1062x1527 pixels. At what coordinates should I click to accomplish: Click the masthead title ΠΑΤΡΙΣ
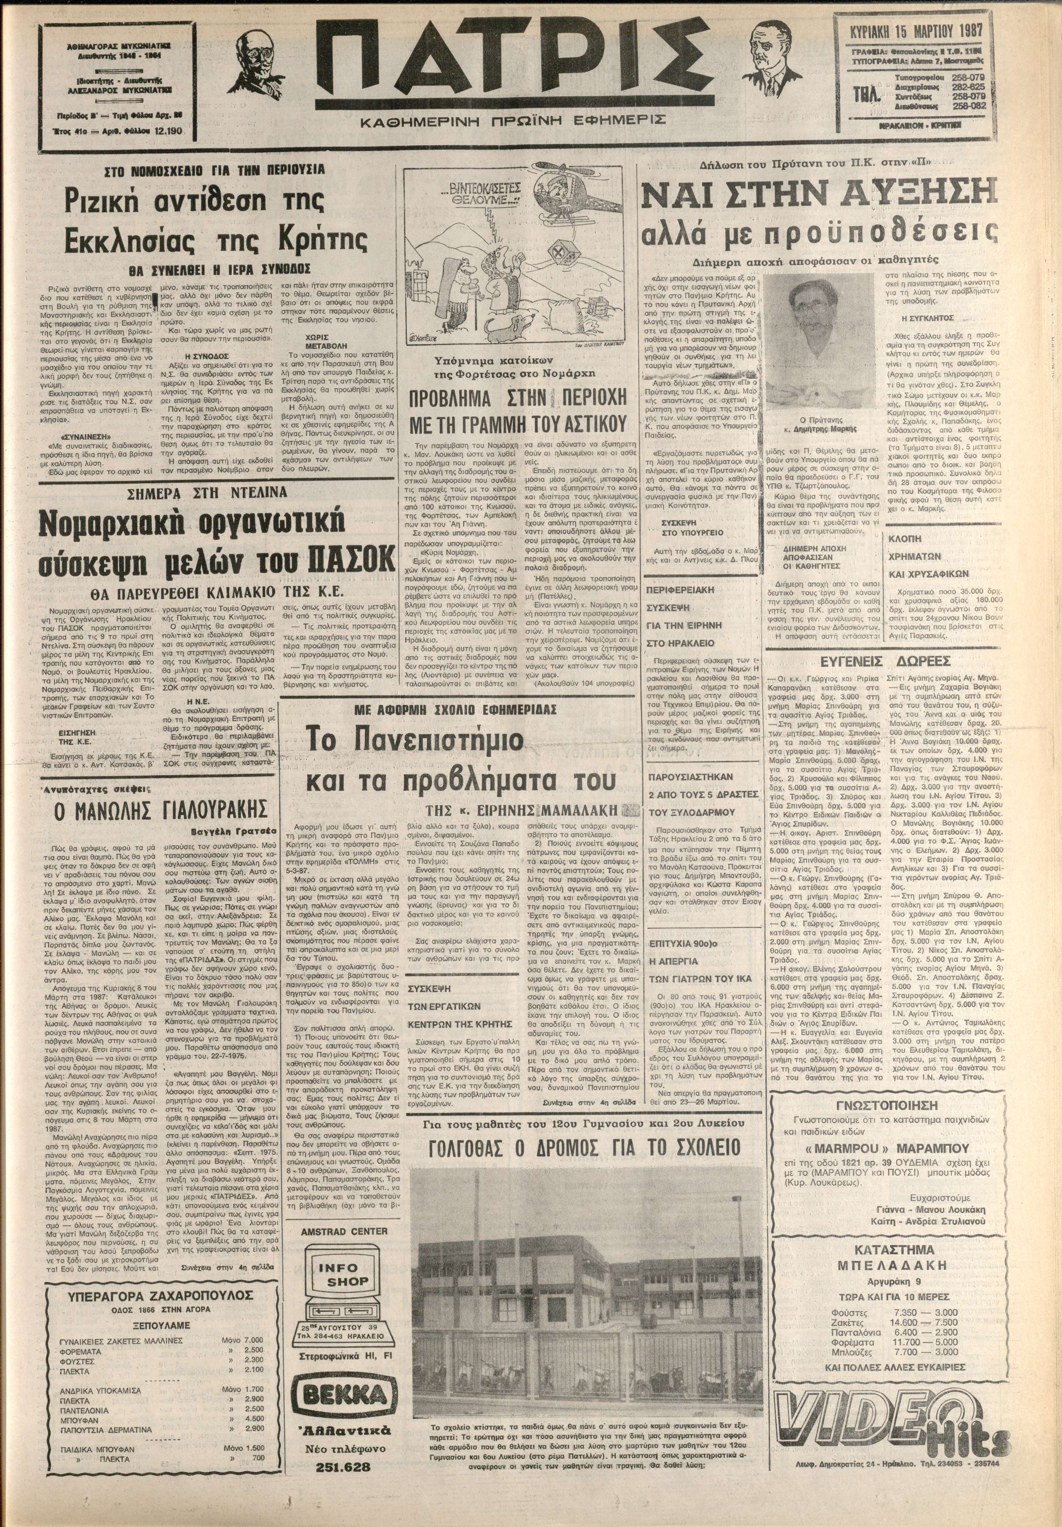pos(512,67)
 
